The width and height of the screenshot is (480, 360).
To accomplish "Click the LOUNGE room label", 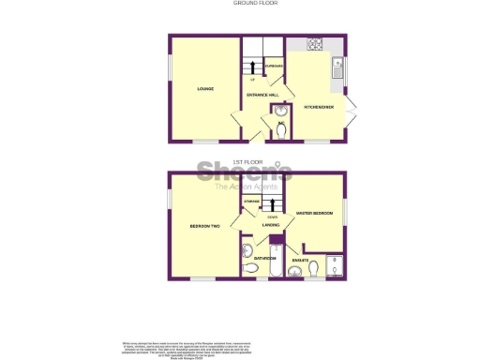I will click(x=205, y=89).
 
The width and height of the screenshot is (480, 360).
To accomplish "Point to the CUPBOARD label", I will click(x=274, y=67).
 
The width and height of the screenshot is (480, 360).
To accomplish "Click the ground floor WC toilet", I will click(x=279, y=130).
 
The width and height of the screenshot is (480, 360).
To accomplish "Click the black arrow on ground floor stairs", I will click(x=251, y=65).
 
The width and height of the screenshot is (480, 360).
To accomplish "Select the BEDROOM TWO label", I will click(x=205, y=227).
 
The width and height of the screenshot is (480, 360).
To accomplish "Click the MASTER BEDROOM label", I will click(x=315, y=213).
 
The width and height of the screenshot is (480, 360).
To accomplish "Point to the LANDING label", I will click(x=270, y=225).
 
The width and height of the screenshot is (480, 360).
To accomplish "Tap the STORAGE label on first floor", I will click(x=252, y=202).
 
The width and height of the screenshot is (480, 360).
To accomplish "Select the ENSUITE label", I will click(x=301, y=259).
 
